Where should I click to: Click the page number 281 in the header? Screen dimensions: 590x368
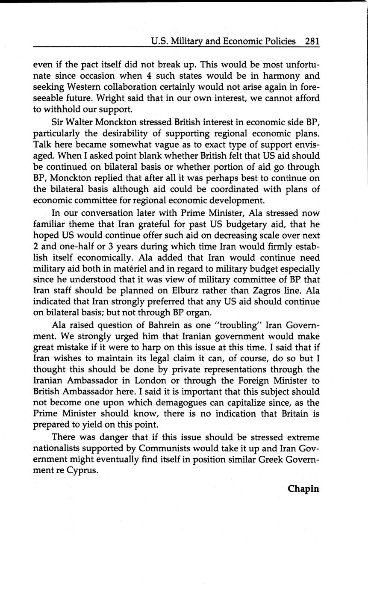pos(312,41)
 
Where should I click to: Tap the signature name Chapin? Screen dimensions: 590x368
pos(303,489)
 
